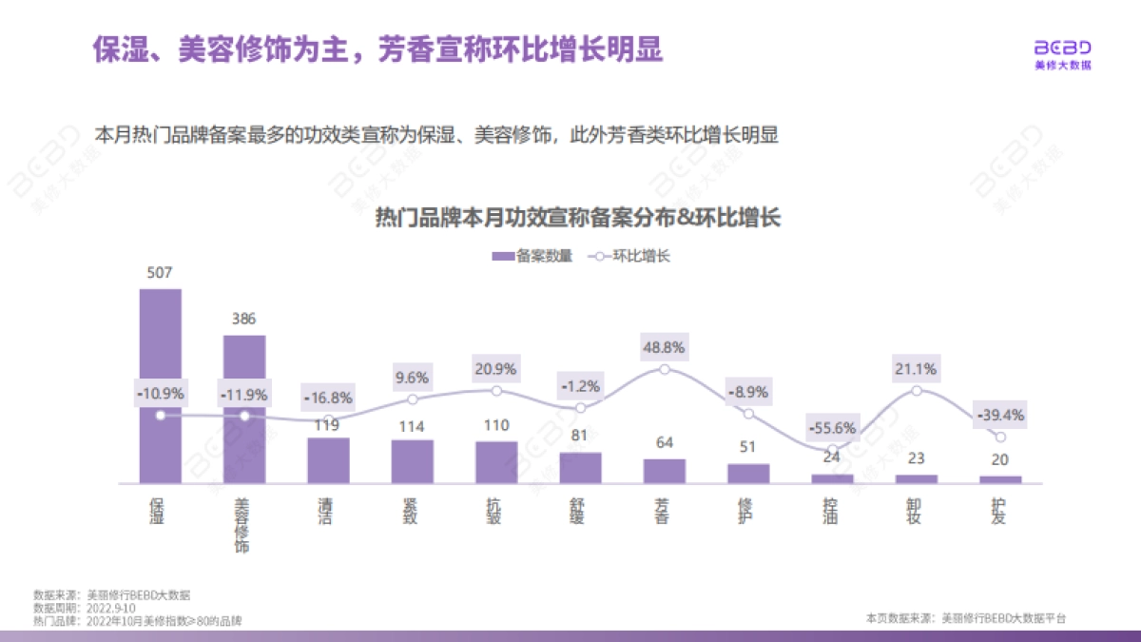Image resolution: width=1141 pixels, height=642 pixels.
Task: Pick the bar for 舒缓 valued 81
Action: (x=580, y=468)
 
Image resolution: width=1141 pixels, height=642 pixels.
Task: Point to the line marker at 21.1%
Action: (x=917, y=391)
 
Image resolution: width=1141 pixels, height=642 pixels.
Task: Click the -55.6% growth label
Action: (x=832, y=427)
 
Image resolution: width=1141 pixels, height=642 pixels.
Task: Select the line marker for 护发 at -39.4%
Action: (x=1000, y=437)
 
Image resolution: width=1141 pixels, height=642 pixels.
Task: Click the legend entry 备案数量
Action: (x=532, y=256)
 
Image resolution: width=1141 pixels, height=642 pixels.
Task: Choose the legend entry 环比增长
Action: (x=631, y=256)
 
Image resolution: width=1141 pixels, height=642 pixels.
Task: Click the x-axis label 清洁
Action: (x=328, y=510)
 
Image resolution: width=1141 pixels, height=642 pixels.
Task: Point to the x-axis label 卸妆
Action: (x=917, y=510)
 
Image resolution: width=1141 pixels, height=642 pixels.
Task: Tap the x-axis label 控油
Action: (x=832, y=510)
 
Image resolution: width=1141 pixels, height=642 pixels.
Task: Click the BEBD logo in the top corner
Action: (x=1062, y=52)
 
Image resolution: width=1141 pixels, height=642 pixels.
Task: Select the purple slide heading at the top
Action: (x=377, y=49)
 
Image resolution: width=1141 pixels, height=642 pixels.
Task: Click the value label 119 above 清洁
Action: (x=328, y=426)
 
